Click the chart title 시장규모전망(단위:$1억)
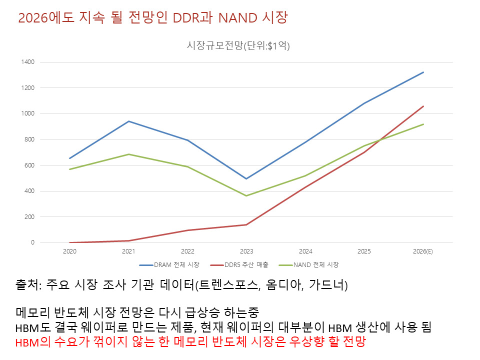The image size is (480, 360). [238, 45]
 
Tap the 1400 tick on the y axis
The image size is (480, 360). [27, 62]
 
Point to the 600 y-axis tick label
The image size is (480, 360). [29, 165]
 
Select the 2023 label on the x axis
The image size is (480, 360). [246, 251]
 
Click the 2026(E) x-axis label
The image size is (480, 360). [423, 251]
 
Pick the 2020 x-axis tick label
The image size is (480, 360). [69, 251]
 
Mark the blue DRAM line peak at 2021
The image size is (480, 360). [128, 121]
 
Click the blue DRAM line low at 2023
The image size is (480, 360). [246, 178]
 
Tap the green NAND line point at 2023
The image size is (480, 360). [246, 195]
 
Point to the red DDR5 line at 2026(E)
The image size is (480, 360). [423, 106]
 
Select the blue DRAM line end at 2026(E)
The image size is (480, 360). [423, 72]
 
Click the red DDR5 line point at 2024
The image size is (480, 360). [305, 187]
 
